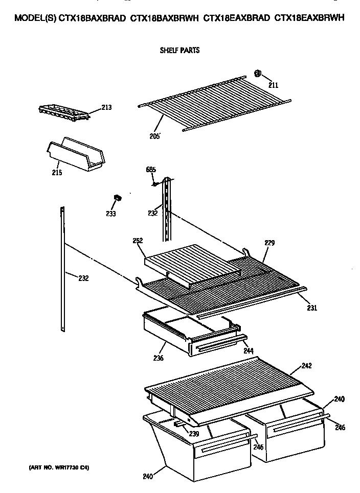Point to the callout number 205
(155, 136)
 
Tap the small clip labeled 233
(117, 197)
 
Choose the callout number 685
(151, 170)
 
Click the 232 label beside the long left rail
(83, 278)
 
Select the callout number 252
(137, 241)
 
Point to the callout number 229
(270, 244)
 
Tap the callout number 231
(312, 308)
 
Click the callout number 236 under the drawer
(158, 358)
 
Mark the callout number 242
(306, 366)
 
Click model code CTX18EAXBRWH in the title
(309, 17)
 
